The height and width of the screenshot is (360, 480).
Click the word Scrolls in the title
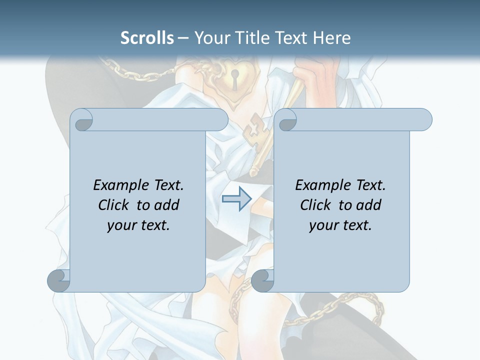click(147, 38)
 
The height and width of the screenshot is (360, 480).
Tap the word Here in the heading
click(331, 38)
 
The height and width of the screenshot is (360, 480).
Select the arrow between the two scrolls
click(236, 199)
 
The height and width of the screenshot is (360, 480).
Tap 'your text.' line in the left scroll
click(138, 225)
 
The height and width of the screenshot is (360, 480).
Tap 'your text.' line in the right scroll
click(340, 225)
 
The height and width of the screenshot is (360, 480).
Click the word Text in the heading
click(289, 38)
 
